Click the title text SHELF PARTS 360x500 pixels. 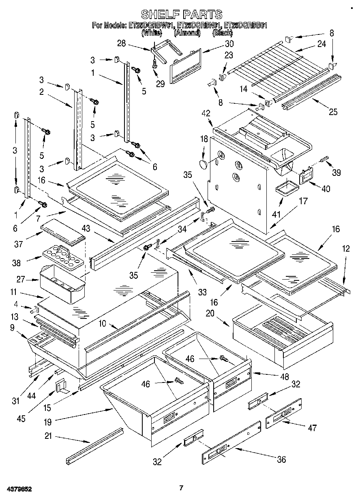pyautogui.click(x=180, y=15)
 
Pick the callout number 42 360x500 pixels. pyautogui.click(x=207, y=113)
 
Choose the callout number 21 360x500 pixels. pyautogui.click(x=49, y=436)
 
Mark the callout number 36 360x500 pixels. pyautogui.click(x=281, y=459)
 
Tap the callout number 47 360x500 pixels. pyautogui.click(x=312, y=427)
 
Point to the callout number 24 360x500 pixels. pyautogui.click(x=321, y=44)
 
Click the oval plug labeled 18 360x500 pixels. pyautogui.click(x=203, y=164)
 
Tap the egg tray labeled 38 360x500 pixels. pyautogui.click(x=63, y=258)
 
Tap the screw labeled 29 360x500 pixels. pyautogui.click(x=154, y=62)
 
